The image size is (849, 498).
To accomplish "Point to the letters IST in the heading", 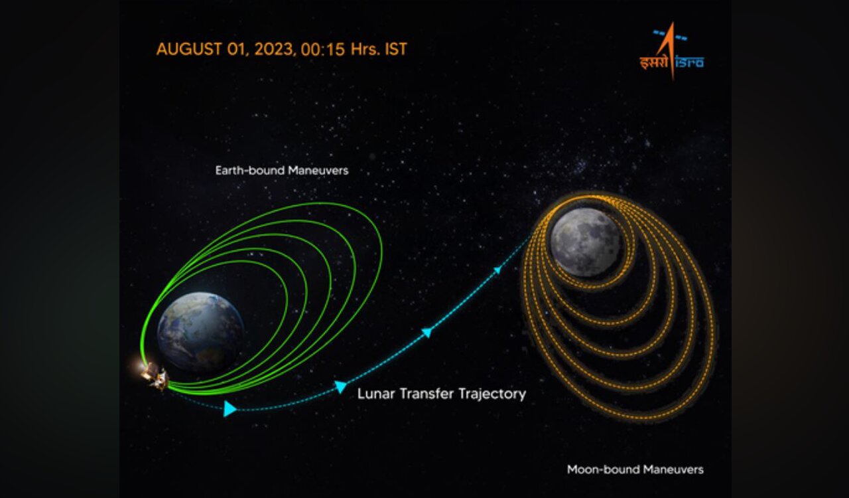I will [x=396, y=49].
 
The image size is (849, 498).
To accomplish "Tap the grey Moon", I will [x=586, y=242].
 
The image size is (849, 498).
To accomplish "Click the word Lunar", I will [x=376, y=394].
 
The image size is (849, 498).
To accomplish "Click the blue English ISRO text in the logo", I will [x=690, y=63].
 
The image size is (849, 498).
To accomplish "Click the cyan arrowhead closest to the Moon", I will [x=497, y=270].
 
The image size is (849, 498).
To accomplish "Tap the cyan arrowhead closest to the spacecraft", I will [x=229, y=408].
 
